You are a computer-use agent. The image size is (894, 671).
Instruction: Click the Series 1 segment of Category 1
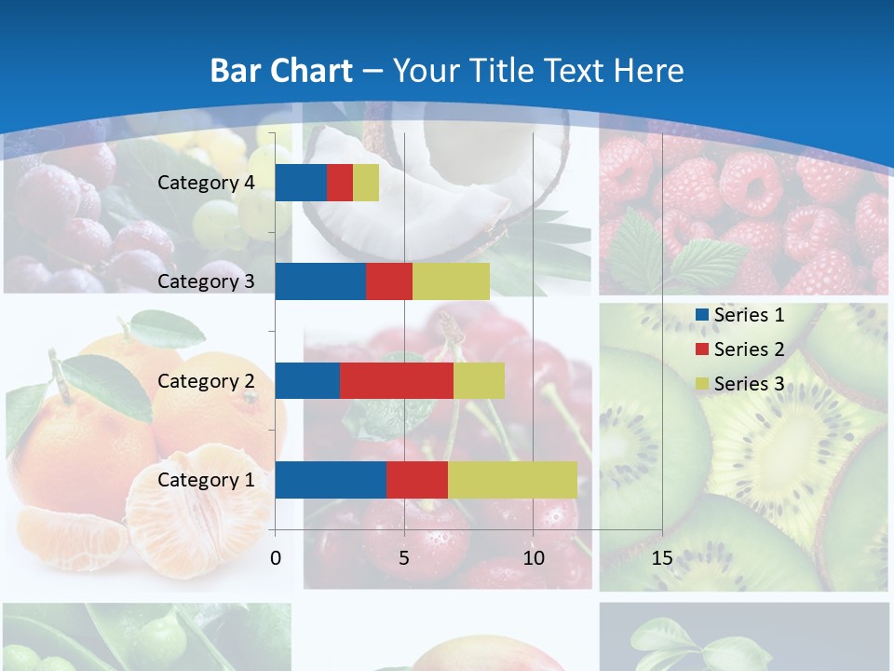(x=331, y=480)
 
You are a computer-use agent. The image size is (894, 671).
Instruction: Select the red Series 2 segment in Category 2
(x=397, y=380)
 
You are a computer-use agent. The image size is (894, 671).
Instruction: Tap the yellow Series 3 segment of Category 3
(x=451, y=281)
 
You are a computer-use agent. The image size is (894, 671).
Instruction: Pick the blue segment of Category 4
(x=301, y=183)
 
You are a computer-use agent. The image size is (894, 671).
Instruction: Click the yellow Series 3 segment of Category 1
(x=512, y=480)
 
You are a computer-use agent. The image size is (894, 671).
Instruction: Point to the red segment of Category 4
(x=340, y=183)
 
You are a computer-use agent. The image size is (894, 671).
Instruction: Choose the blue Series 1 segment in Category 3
(x=320, y=281)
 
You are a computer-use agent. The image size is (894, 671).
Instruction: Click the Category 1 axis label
(x=206, y=480)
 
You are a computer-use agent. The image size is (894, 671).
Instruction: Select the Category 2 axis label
(x=206, y=380)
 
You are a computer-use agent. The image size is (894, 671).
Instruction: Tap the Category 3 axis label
(x=206, y=281)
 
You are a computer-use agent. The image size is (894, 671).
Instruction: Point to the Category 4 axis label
(x=206, y=183)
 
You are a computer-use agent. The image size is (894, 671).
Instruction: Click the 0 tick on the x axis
(x=276, y=558)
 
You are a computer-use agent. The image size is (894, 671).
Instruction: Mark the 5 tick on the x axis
(x=404, y=558)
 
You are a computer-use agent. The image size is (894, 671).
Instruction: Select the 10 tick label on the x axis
(x=533, y=558)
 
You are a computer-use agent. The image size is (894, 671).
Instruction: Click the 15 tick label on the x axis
(x=662, y=558)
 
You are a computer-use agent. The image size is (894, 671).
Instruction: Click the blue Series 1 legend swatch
(x=702, y=315)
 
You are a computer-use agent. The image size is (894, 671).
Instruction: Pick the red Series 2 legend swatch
(x=702, y=349)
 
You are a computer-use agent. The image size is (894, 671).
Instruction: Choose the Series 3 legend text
(x=749, y=384)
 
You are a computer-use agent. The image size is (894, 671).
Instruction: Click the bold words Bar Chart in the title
(x=281, y=71)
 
